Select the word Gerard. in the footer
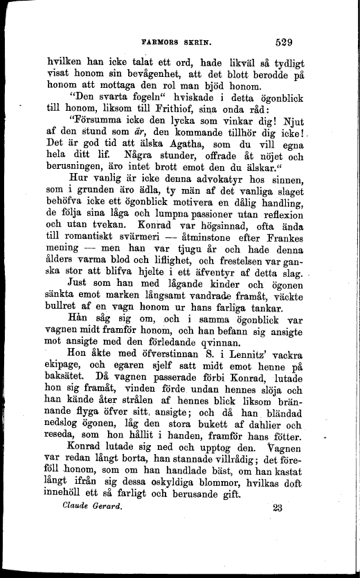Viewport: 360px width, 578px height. [x=104, y=507]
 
